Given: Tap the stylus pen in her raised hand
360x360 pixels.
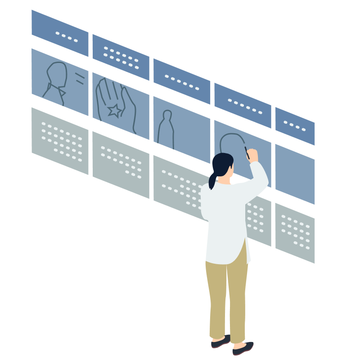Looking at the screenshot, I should (x=247, y=152).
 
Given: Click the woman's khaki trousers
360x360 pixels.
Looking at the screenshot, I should (x=228, y=297).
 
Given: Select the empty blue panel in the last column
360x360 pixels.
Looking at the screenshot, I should (x=295, y=174).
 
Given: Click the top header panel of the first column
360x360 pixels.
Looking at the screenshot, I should (x=59, y=33).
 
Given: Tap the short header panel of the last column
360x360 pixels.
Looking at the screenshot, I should (x=295, y=126).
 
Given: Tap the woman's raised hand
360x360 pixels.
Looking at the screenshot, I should (x=253, y=155).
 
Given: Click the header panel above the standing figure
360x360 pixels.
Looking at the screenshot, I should (x=181, y=81).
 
